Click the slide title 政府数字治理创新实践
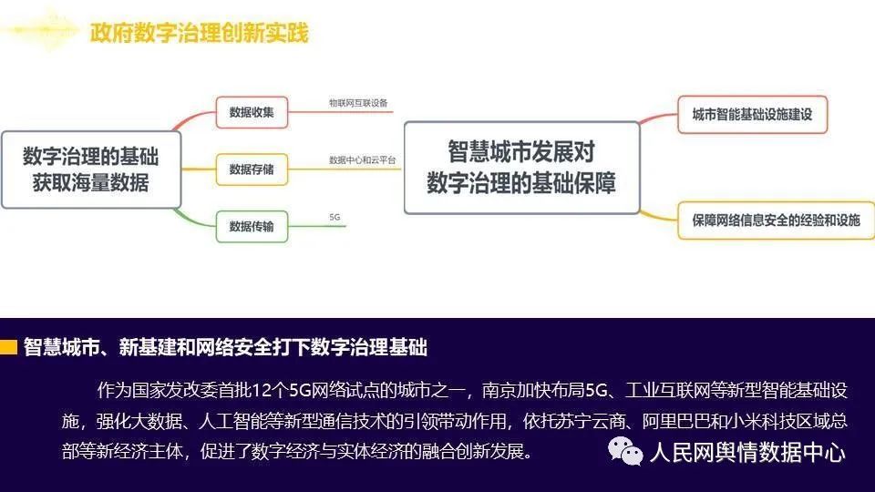[x=200, y=33]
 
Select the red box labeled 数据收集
[x=252, y=112]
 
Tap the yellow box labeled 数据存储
[x=252, y=169]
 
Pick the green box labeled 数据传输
[x=252, y=227]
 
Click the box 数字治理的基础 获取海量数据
[x=91, y=169]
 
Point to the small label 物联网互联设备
[x=358, y=103]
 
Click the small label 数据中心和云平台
[x=362, y=160]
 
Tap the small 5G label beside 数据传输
[x=335, y=217]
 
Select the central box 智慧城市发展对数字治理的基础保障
[x=521, y=168]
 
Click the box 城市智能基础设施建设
[x=752, y=115]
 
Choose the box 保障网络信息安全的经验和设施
[x=777, y=220]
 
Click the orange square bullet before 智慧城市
[x=8, y=347]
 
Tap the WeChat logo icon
[x=625, y=451]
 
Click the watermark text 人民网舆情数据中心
[x=747, y=452]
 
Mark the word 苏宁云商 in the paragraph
[x=591, y=420]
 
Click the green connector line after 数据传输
[x=317, y=227]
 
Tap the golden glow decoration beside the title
[x=42, y=31]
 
